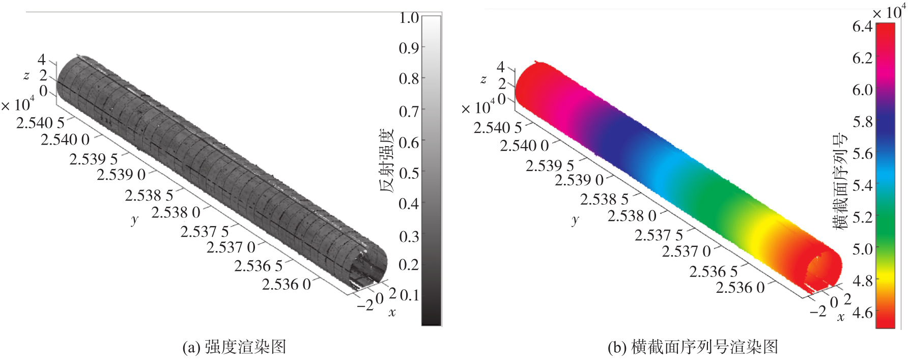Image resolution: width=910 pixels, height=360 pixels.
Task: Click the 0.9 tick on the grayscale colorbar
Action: (x=409, y=48)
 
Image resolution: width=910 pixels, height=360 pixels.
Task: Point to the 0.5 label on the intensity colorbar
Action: (x=409, y=173)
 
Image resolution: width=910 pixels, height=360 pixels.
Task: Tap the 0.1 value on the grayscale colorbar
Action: (x=409, y=295)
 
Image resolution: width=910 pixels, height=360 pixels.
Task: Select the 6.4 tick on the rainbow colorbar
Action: (x=863, y=26)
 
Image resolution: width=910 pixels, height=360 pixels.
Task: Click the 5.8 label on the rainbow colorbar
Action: (x=863, y=122)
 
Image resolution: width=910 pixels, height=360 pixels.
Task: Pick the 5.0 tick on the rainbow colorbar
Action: (x=863, y=249)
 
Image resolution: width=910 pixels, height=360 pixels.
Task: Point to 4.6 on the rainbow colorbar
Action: (x=863, y=313)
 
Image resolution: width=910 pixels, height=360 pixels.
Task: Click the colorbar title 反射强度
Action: (x=387, y=161)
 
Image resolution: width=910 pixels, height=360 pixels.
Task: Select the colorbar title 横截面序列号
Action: (x=840, y=181)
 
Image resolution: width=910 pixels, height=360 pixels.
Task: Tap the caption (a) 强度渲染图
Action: (x=235, y=347)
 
